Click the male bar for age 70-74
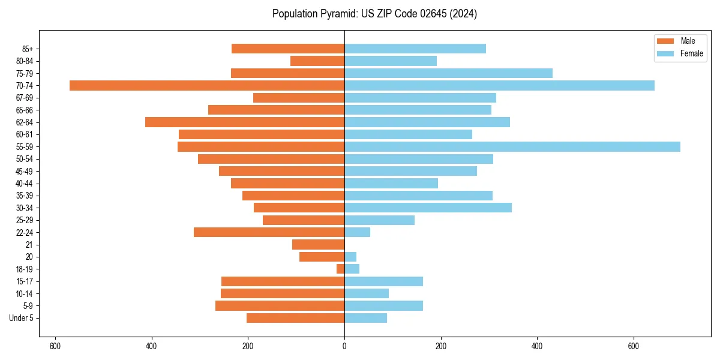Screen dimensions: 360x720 click(207, 85)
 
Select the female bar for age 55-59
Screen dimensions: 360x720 click(512, 146)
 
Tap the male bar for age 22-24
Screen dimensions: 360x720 click(269, 232)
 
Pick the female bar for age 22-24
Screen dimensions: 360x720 click(357, 232)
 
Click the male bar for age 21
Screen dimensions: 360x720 click(318, 244)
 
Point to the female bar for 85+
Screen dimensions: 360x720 click(415, 49)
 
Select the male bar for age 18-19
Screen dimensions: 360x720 click(340, 269)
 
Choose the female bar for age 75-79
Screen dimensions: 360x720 click(448, 73)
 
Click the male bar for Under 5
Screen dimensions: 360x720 click(295, 318)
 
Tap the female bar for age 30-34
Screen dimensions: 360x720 click(428, 208)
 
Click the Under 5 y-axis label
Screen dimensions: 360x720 click(21, 318)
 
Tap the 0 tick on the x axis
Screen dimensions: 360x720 click(344, 346)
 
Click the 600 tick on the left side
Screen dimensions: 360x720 click(55, 346)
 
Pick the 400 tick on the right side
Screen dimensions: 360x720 click(537, 346)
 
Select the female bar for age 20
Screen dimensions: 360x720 click(350, 257)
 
